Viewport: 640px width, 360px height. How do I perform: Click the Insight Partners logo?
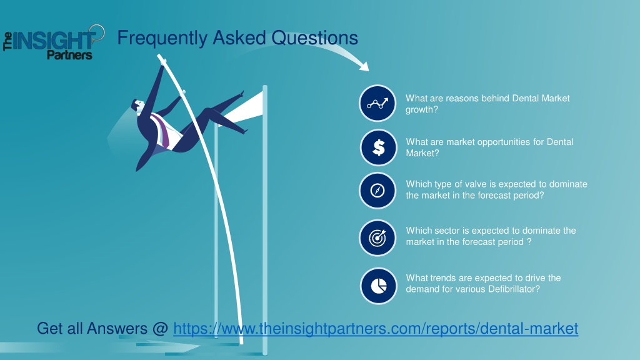tap(54, 42)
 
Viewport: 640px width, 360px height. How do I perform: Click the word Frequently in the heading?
tap(162, 38)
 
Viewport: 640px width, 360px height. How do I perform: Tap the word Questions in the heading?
tap(315, 38)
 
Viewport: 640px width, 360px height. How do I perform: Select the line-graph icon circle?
tap(377, 103)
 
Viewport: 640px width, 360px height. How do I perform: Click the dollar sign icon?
tap(378, 147)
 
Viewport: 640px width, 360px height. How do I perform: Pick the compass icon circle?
tap(377, 191)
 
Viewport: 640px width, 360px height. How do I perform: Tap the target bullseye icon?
tap(377, 238)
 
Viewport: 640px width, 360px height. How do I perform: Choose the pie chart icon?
tap(378, 286)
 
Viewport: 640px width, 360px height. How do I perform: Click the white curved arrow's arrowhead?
tap(364, 66)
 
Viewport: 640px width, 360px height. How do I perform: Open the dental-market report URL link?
tap(376, 329)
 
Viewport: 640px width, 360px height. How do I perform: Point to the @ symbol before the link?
tap(159, 329)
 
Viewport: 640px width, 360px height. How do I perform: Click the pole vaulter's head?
tap(137, 106)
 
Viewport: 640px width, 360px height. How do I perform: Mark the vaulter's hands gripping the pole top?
tap(163, 62)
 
